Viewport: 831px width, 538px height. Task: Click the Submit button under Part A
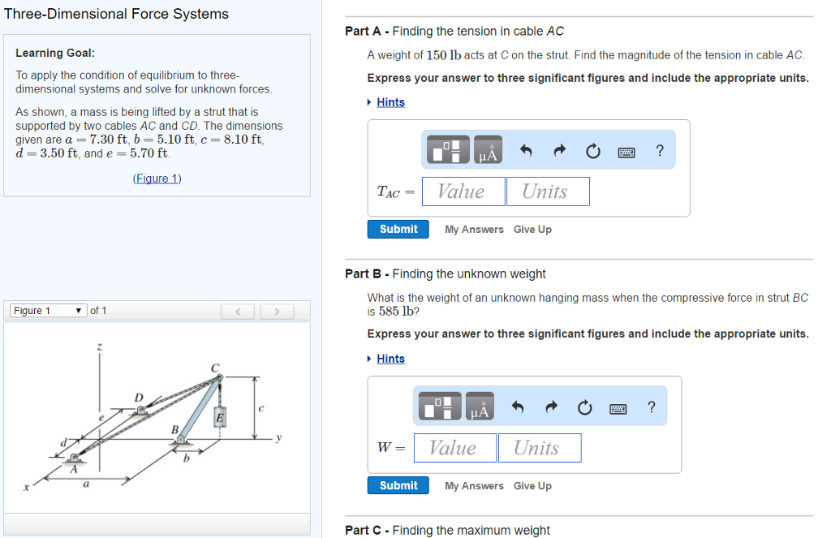[398, 230]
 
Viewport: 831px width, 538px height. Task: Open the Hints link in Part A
[390, 102]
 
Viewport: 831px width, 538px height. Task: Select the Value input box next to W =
[453, 448]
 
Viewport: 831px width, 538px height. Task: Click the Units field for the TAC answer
[547, 192]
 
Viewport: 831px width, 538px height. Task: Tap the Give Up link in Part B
[532, 486]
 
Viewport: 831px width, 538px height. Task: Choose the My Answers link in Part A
[474, 230]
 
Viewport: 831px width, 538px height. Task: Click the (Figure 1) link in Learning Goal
[157, 179]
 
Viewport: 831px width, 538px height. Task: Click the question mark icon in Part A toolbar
[660, 151]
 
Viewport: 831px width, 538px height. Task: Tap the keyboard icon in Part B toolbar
[618, 408]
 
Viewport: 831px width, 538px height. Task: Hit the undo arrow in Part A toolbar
[525, 151]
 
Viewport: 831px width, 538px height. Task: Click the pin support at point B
[181, 441]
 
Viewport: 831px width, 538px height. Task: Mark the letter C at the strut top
[215, 368]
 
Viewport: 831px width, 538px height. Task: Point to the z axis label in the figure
[100, 347]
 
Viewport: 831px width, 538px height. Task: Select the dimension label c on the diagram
[260, 408]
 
